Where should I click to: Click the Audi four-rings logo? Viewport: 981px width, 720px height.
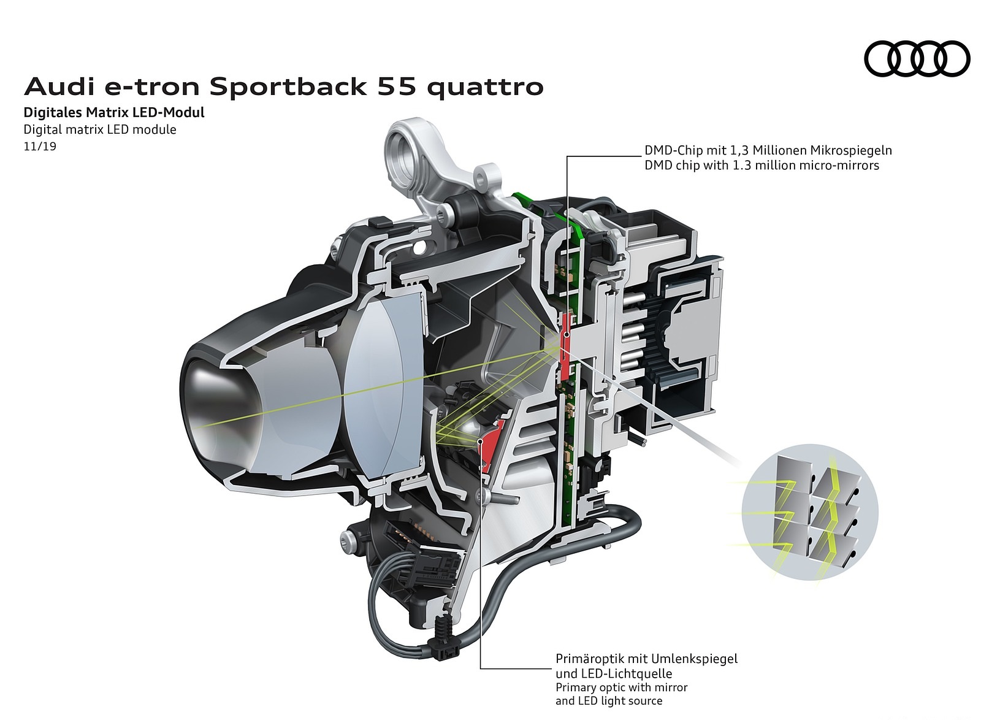coord(917,59)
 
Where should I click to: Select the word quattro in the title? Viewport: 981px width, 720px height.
coord(485,87)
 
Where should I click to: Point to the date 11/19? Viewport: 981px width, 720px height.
coord(40,147)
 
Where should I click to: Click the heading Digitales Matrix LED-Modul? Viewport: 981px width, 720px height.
coord(114,112)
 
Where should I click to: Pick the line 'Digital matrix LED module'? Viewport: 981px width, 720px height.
coord(100,129)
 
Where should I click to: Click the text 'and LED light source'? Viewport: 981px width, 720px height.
coord(609,701)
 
